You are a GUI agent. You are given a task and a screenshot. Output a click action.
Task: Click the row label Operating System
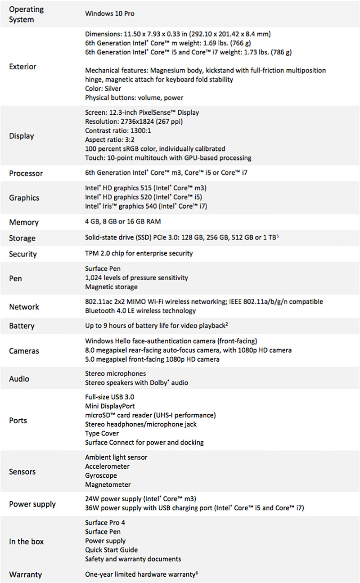(x=26, y=14)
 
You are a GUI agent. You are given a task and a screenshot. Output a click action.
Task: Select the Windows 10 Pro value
(x=110, y=13)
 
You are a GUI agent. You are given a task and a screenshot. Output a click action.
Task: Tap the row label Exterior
(x=22, y=67)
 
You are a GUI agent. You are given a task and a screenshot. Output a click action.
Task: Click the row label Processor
(x=26, y=173)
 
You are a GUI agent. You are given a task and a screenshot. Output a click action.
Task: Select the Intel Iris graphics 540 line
(x=146, y=206)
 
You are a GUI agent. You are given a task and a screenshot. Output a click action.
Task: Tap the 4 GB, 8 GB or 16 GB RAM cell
(x=123, y=222)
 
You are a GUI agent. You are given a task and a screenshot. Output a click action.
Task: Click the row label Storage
(x=22, y=238)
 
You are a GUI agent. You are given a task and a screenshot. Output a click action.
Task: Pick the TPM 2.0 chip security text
(x=139, y=253)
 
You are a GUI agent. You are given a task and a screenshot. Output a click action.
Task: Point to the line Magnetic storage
(x=111, y=287)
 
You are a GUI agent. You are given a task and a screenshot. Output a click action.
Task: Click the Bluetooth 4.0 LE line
(x=140, y=311)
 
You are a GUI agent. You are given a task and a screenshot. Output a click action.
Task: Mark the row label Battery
(x=22, y=326)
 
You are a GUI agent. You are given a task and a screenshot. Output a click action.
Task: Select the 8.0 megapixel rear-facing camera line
(x=188, y=350)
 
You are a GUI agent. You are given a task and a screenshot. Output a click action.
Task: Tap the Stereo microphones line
(x=115, y=374)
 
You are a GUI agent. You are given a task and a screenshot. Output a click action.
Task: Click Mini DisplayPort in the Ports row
(x=110, y=406)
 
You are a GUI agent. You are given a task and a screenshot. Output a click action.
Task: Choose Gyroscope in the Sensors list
(x=101, y=475)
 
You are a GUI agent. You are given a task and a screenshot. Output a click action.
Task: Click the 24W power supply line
(x=141, y=499)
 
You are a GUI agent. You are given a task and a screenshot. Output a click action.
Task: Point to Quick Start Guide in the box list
(x=111, y=550)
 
